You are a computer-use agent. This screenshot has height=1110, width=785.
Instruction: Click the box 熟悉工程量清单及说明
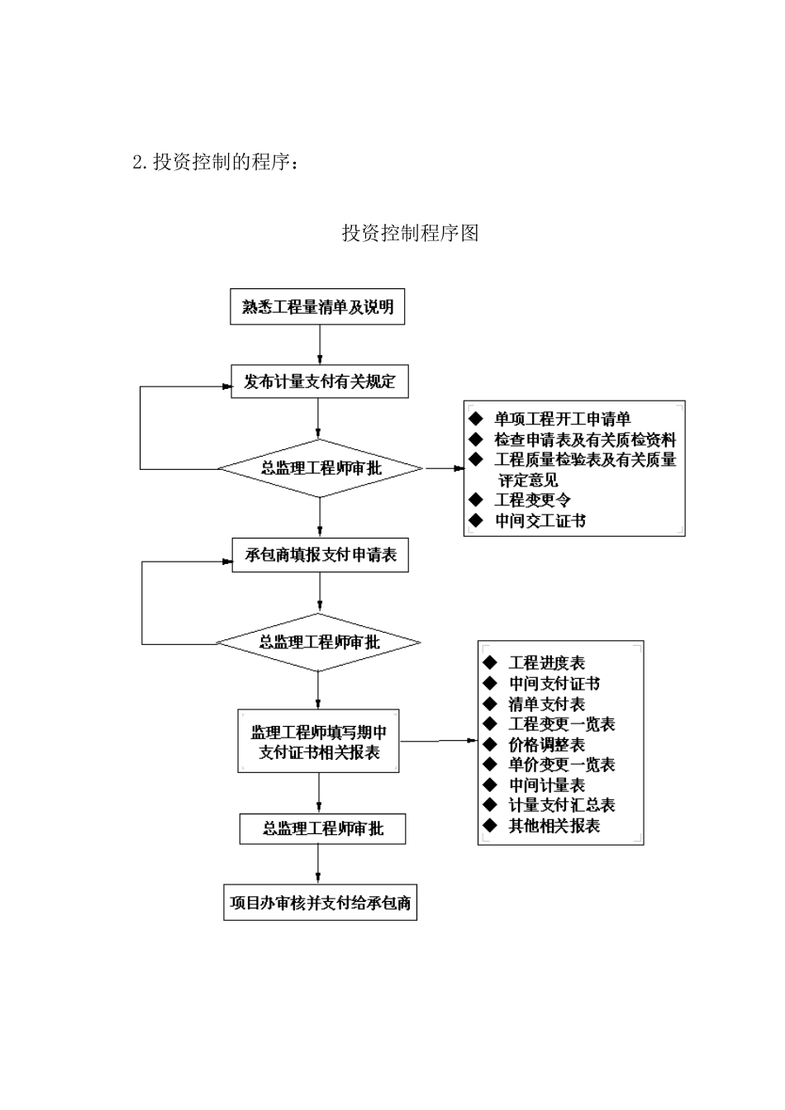point(317,307)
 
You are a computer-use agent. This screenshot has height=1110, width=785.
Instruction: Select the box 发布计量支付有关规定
point(319,382)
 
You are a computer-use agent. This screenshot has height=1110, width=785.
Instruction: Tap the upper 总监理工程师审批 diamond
point(320,468)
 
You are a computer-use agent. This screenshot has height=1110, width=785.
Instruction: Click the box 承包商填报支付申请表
point(320,555)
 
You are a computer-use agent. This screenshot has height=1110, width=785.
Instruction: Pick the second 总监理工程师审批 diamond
point(319,643)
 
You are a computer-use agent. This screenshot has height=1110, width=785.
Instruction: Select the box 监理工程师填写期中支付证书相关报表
point(319,742)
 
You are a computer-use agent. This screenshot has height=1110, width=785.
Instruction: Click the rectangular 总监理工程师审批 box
point(322,828)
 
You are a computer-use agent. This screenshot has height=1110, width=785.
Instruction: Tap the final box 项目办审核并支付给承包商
point(320,903)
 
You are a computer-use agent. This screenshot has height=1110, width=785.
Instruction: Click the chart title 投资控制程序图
point(410,233)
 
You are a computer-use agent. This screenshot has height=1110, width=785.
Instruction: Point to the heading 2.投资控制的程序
point(215,162)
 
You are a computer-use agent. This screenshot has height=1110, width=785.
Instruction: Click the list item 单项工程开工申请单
point(562,420)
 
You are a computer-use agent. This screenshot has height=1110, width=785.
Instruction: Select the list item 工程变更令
point(532,500)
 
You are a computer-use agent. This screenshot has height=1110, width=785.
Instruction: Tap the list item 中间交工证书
point(540,521)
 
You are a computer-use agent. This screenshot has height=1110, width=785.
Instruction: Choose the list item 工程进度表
point(546,663)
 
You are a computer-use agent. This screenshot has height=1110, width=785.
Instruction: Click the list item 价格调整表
point(546,745)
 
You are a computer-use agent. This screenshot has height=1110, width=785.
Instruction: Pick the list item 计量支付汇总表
point(561,805)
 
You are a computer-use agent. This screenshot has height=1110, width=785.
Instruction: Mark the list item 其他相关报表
point(554,826)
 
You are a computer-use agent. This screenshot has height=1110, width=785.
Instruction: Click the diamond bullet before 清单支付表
point(490,704)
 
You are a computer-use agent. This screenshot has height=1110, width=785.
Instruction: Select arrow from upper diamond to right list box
point(445,468)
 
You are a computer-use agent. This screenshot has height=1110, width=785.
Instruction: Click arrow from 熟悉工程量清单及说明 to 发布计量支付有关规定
point(319,345)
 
